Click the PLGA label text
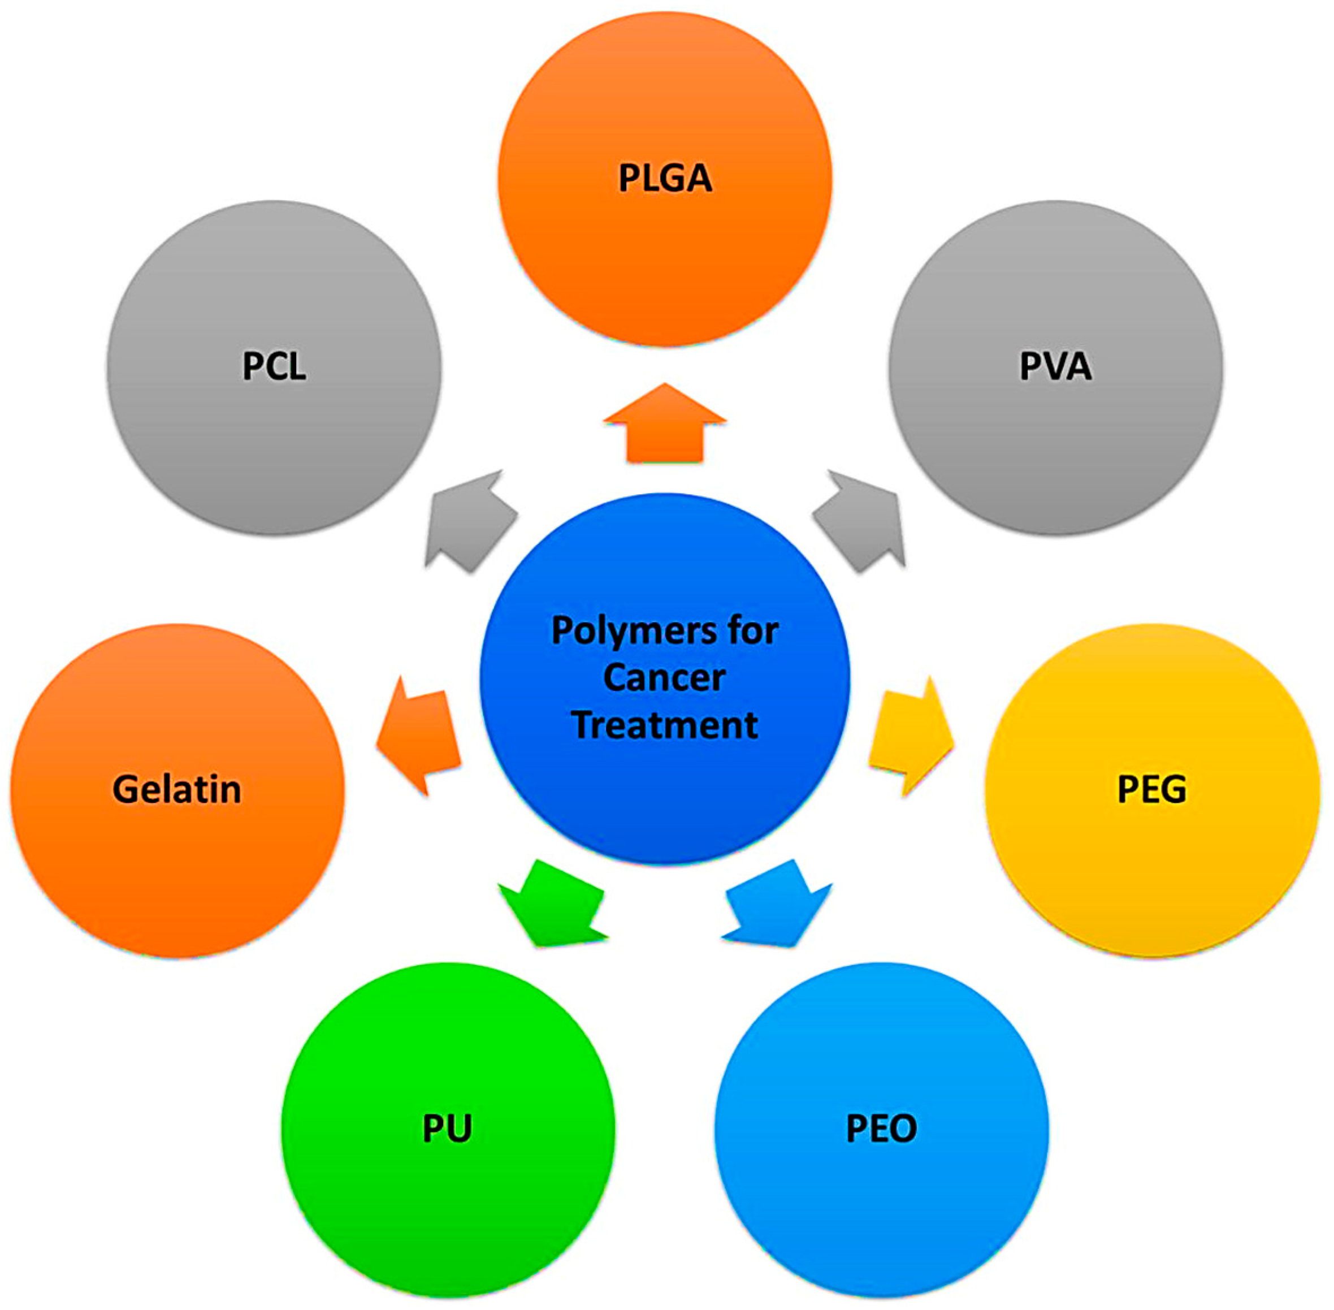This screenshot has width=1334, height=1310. [665, 178]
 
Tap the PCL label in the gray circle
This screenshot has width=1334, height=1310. [274, 366]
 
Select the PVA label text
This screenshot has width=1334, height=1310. [1055, 366]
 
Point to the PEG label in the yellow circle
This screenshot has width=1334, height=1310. [1151, 789]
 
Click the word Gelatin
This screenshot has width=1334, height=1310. [177, 789]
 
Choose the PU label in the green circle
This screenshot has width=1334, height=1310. [447, 1129]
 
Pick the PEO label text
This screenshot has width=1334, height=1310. [881, 1129]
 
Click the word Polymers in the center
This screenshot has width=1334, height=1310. [625, 632]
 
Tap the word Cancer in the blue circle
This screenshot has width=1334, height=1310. [664, 678]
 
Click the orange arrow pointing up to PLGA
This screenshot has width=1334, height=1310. [665, 426]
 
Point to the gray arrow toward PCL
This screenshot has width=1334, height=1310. [468, 523]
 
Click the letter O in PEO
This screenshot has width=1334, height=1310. [903, 1129]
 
